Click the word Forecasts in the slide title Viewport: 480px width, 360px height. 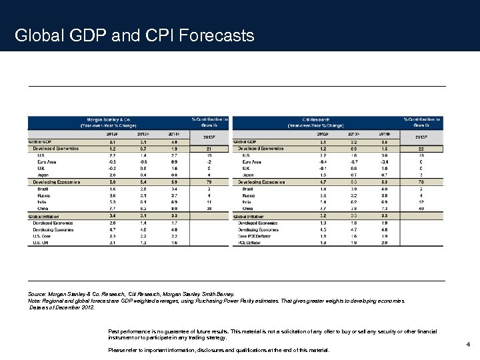216,35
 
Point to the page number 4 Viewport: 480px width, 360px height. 469,345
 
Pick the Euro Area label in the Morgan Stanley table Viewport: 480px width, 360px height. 47,161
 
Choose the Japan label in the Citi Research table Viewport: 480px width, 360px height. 249,175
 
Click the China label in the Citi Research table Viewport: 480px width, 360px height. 249,209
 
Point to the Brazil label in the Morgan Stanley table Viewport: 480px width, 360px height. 43,189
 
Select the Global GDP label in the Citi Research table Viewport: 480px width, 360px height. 245,141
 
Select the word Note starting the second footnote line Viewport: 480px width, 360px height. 35,301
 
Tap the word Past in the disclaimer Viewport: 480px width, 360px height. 115,330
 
